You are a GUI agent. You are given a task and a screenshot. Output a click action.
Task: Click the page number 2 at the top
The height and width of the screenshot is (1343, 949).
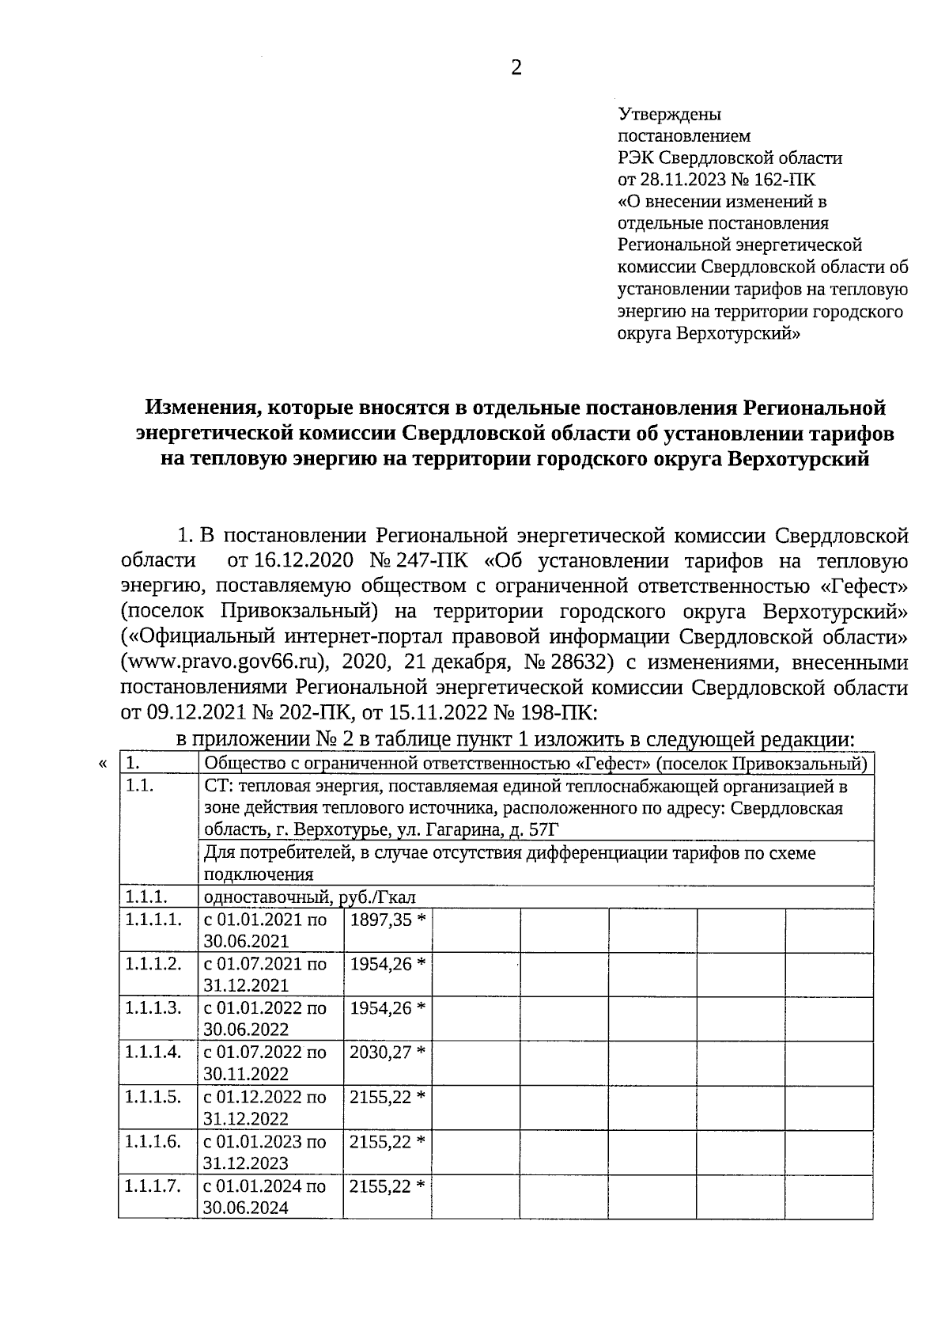516,69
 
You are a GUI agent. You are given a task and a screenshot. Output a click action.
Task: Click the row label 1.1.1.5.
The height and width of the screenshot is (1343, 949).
153,1097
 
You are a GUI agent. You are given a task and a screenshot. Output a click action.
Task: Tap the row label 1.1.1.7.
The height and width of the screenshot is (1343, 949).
153,1186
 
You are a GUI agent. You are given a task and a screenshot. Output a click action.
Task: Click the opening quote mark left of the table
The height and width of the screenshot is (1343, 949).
101,764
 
